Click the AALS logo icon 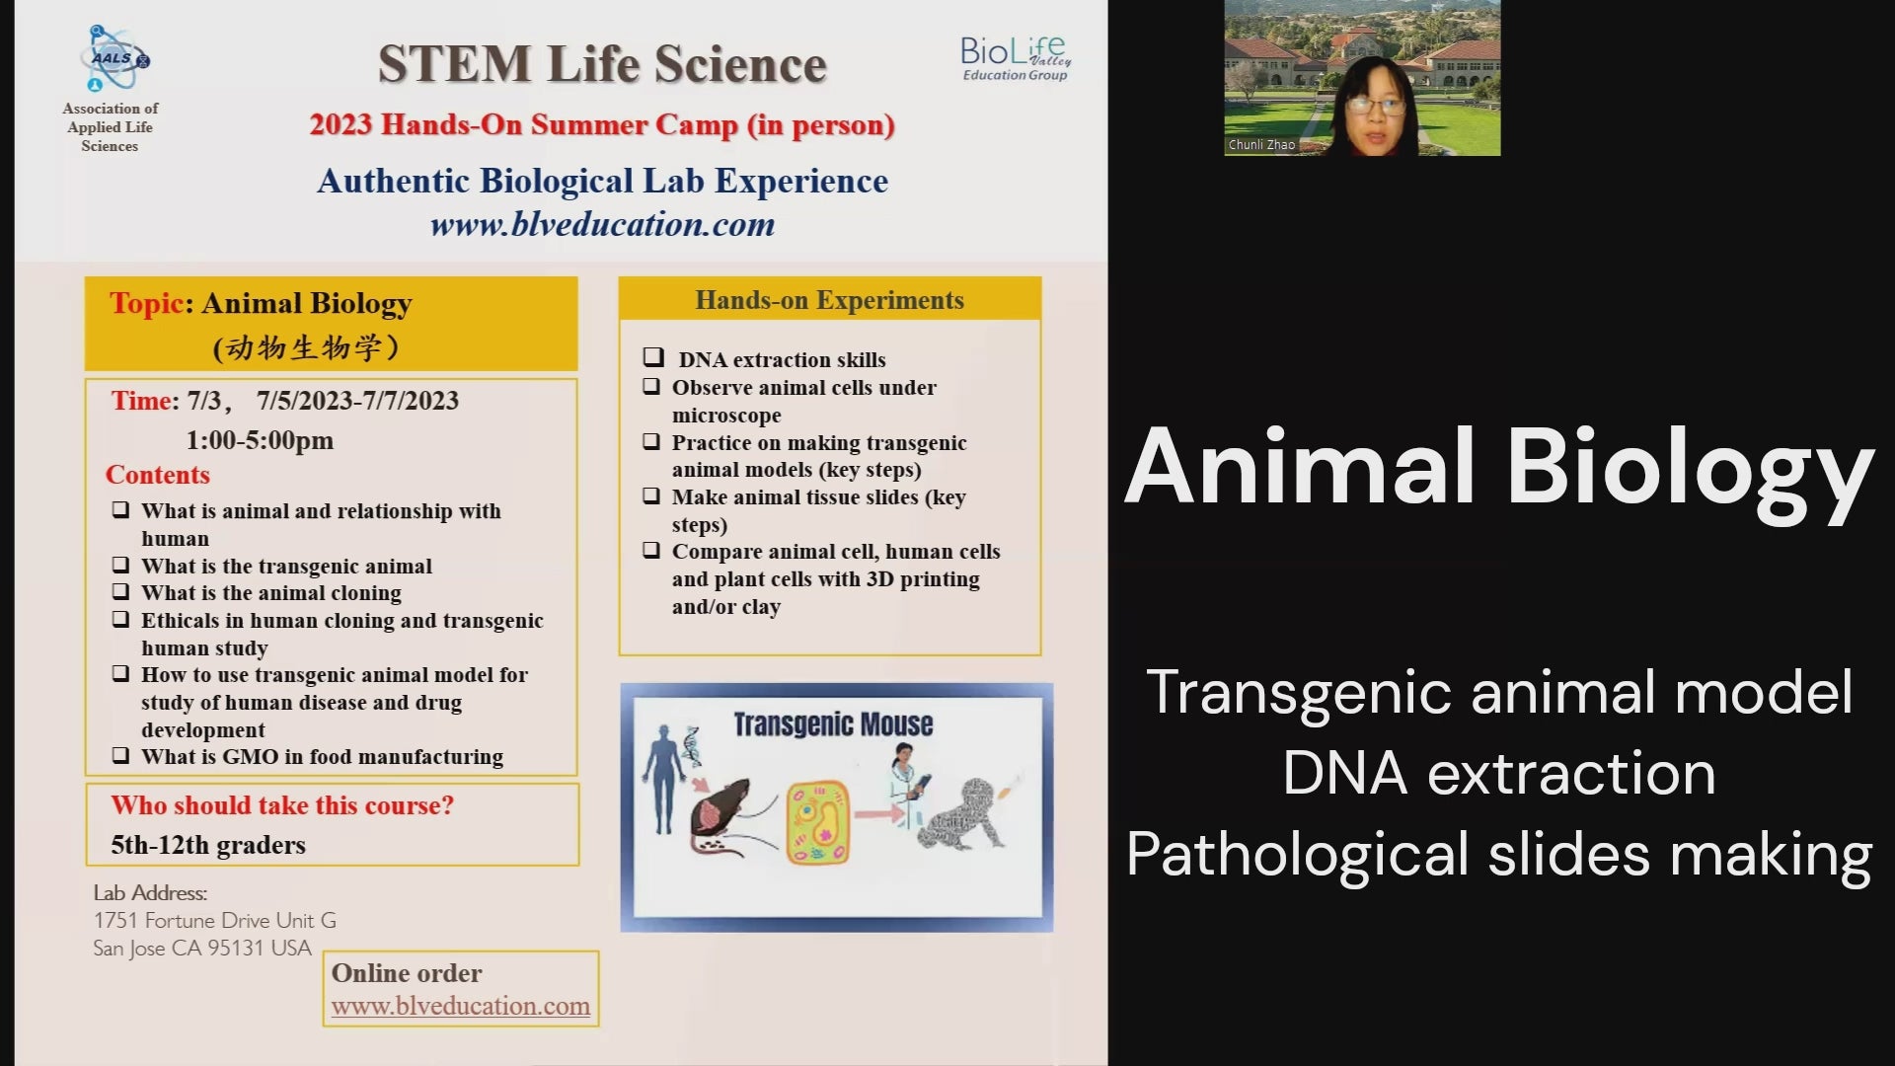pyautogui.click(x=114, y=59)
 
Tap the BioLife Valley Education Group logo pyautogui.click(x=1016, y=58)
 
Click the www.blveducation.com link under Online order pyautogui.click(x=460, y=1006)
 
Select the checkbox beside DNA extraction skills pyautogui.click(x=653, y=357)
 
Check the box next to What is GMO pyautogui.click(x=120, y=756)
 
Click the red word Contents pyautogui.click(x=158, y=475)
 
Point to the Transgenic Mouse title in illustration pyautogui.click(x=832, y=724)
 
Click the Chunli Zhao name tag pyautogui.click(x=1261, y=145)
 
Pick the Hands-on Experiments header pyautogui.click(x=829, y=300)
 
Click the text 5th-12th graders pyautogui.click(x=208, y=846)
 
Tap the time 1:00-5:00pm pyautogui.click(x=260, y=440)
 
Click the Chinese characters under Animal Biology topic pyautogui.click(x=306, y=347)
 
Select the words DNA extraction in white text pyautogui.click(x=1498, y=773)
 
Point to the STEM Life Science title pyautogui.click(x=602, y=64)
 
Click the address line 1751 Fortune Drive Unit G pyautogui.click(x=214, y=920)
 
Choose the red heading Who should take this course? pyautogui.click(x=282, y=805)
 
